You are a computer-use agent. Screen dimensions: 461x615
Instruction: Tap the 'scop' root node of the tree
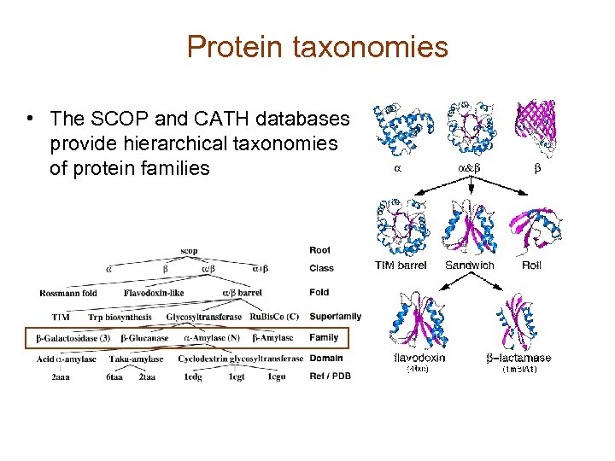[x=190, y=250]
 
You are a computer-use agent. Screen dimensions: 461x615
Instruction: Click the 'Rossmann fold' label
[x=68, y=293]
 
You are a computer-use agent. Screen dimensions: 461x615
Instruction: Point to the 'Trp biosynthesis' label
[x=119, y=317]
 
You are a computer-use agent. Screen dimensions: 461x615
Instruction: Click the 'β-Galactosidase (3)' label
[x=73, y=339]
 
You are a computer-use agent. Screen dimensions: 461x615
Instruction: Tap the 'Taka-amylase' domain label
[x=136, y=359]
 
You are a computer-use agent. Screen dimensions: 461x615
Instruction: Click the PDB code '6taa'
[x=114, y=376]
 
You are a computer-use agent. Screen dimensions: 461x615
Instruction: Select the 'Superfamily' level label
[x=335, y=317]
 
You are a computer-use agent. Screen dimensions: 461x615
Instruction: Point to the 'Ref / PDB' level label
[x=330, y=376]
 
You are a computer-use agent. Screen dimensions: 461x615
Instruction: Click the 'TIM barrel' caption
[x=401, y=266]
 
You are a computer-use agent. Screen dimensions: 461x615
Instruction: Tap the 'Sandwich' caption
[x=470, y=266]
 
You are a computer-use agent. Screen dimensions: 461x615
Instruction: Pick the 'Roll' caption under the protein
[x=531, y=266]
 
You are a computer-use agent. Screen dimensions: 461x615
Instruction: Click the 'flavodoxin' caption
[x=419, y=359]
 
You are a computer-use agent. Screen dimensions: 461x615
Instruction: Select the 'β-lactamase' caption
[x=519, y=359]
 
